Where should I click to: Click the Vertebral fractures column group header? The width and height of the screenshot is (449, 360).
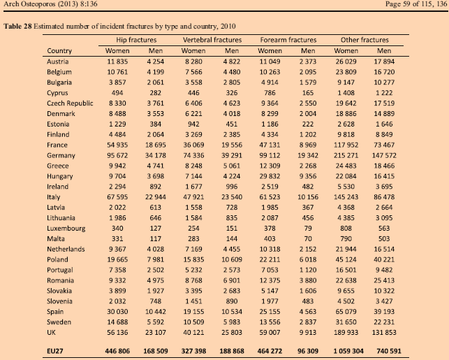tap(212, 40)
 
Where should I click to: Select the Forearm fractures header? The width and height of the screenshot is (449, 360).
tap(288, 40)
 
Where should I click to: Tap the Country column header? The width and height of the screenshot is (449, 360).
tap(59, 51)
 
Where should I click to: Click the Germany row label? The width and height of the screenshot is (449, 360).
tap(61, 155)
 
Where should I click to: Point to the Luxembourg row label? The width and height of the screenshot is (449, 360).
tap(66, 229)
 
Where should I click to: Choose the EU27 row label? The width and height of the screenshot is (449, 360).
tap(55, 351)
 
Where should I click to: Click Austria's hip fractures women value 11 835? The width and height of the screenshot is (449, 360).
tap(117, 62)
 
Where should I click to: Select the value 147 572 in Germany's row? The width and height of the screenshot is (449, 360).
tap(384, 155)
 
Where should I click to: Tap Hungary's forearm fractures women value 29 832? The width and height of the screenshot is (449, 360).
tap(270, 176)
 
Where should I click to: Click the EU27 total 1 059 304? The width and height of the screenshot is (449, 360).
tap(348, 351)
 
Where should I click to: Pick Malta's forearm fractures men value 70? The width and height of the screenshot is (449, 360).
tap(308, 239)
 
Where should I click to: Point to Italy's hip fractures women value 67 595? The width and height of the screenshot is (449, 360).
tap(117, 197)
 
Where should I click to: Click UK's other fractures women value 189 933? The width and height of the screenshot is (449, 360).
tap(346, 333)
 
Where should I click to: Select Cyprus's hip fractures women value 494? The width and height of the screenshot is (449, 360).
tap(117, 93)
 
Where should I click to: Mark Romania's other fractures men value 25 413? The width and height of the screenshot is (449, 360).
tap(384, 280)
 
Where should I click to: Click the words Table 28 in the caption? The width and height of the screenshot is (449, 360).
tap(17, 27)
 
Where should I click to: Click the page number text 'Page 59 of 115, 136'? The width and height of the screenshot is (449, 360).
tap(416, 4)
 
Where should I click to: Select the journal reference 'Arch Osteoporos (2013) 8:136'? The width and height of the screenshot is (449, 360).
tap(50, 4)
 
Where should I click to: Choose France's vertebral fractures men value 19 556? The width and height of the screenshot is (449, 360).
tap(232, 145)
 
